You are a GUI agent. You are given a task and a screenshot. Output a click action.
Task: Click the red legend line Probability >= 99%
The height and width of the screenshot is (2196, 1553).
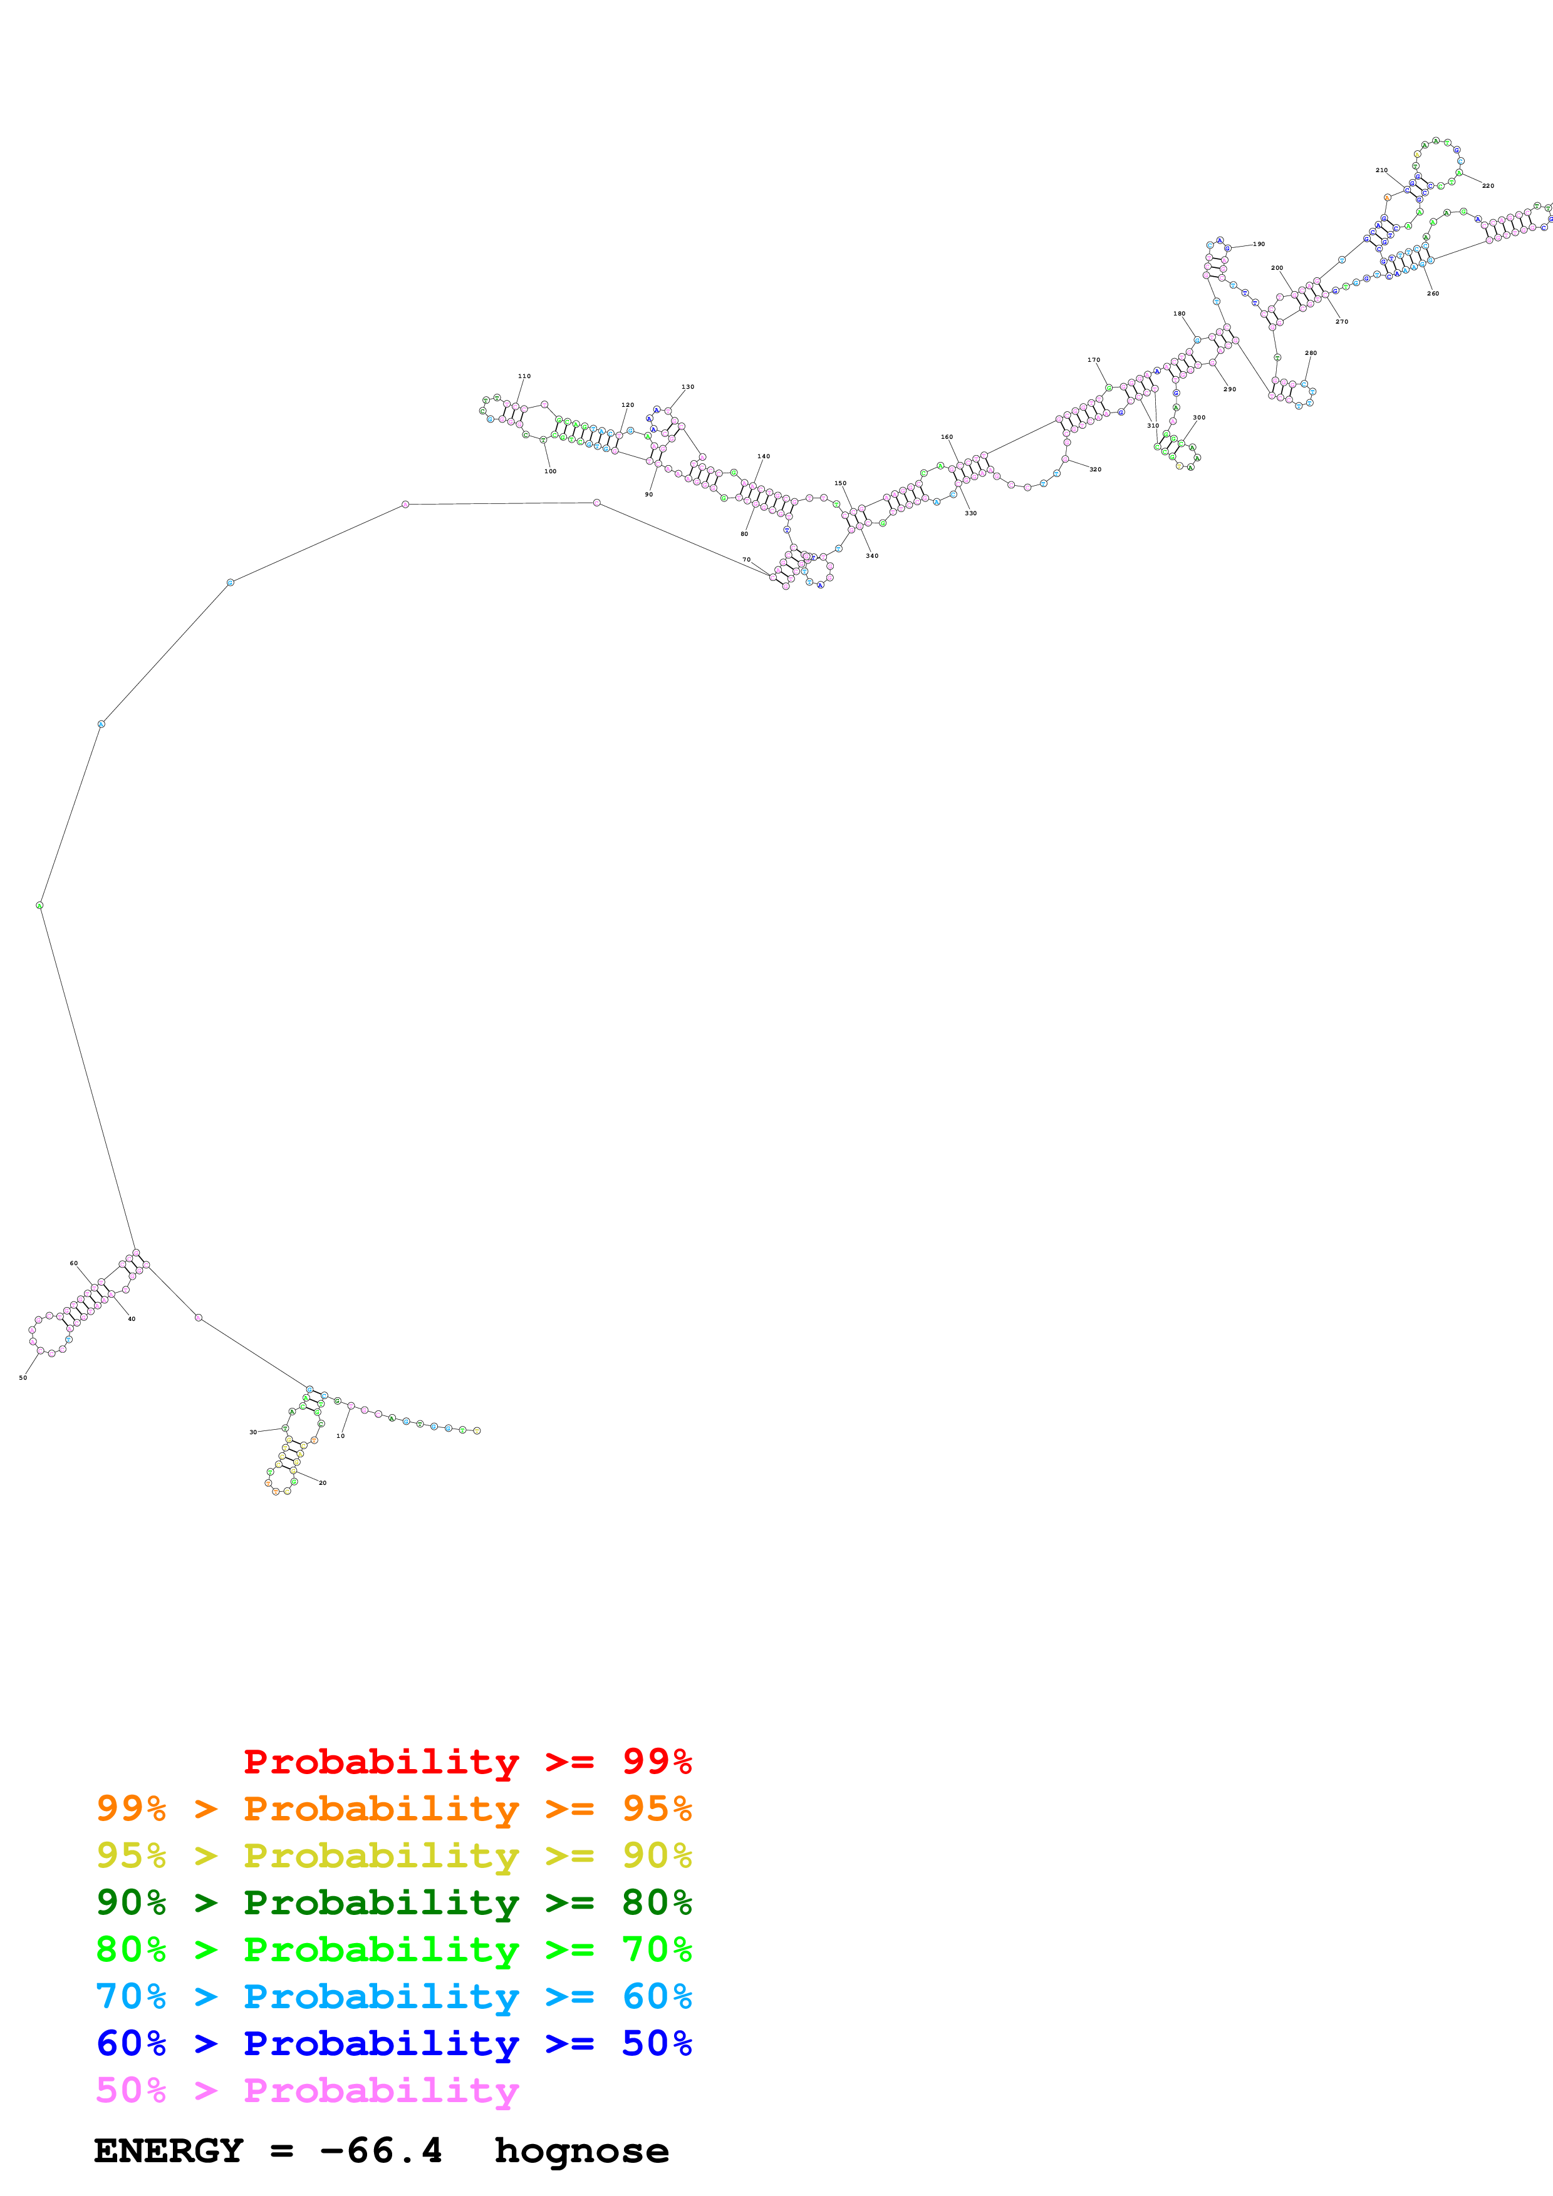(467, 1761)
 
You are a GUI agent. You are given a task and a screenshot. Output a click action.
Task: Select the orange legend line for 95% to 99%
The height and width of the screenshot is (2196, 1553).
(393, 1808)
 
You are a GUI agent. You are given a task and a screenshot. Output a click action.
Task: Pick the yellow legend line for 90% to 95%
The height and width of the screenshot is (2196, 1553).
(393, 1855)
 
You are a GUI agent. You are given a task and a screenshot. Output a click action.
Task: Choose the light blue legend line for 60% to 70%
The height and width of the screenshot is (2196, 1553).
(393, 1996)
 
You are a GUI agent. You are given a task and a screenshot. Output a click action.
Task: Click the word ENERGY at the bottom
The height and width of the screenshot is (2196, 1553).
(169, 2151)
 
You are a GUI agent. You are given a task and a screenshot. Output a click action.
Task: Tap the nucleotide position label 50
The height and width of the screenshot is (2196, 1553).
(23, 1377)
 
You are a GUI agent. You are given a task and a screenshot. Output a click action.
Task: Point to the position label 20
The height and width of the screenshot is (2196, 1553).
(323, 1482)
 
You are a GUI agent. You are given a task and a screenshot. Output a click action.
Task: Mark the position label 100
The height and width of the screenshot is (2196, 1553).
(550, 471)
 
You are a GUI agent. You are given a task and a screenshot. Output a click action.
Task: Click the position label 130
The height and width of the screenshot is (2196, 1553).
(687, 386)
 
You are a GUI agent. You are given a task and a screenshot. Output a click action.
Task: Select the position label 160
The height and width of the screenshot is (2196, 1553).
(947, 436)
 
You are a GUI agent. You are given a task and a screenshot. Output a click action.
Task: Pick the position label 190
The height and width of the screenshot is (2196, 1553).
(1259, 244)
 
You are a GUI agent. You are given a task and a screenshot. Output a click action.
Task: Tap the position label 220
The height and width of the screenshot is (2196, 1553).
(1488, 185)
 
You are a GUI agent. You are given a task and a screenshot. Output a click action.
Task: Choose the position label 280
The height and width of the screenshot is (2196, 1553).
(1311, 353)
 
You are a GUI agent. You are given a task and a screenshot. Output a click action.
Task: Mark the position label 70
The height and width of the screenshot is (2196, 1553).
(746, 560)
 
